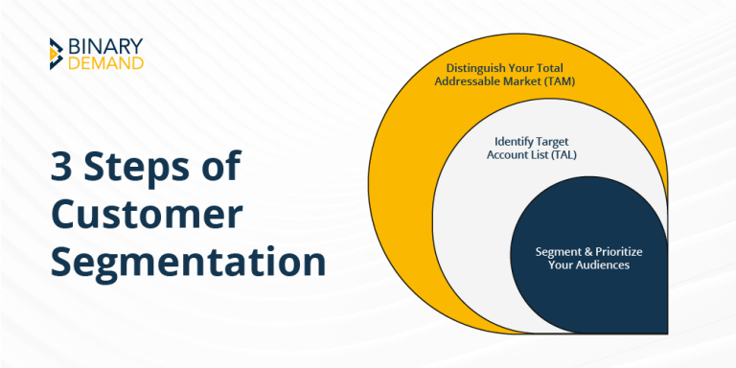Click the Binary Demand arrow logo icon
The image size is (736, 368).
pos(57,54)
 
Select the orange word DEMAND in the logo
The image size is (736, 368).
pos(106,63)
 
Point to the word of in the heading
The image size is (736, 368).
pos(220,169)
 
